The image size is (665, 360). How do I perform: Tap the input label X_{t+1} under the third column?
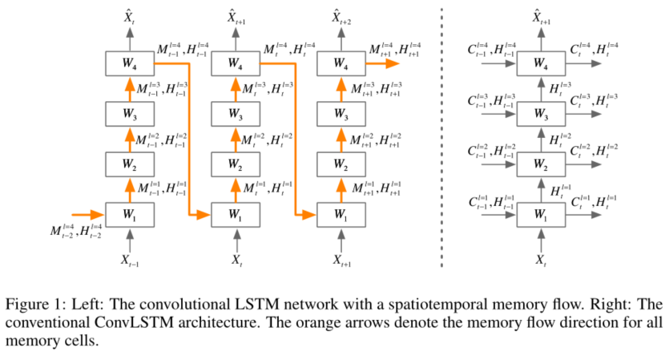point(341,260)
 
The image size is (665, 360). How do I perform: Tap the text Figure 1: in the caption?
point(33,305)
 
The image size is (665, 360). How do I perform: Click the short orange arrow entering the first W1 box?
point(87,215)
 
